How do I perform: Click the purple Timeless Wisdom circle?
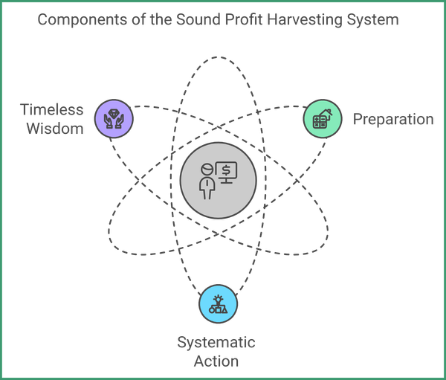(x=114, y=117)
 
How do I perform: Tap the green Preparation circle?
(x=323, y=119)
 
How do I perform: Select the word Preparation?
(x=392, y=119)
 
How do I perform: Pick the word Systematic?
(x=216, y=343)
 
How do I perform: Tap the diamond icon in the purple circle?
(x=114, y=114)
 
